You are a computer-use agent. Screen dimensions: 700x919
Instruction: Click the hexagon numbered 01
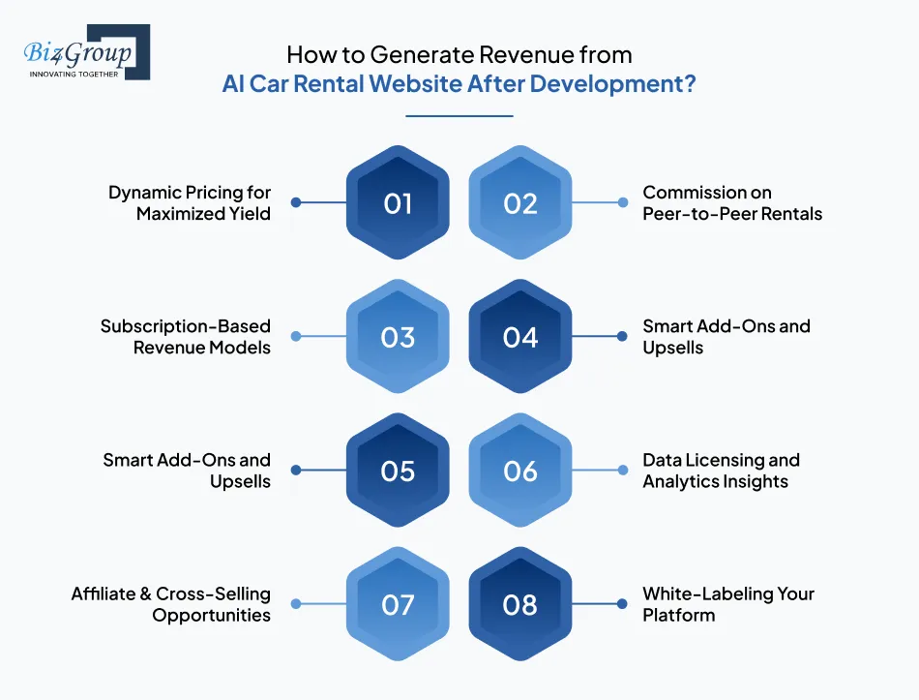[398, 203]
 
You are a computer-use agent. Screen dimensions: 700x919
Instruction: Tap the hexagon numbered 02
[520, 203]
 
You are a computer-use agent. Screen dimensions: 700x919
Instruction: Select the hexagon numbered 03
[398, 337]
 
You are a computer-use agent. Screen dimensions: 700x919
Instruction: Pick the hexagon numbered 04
[520, 337]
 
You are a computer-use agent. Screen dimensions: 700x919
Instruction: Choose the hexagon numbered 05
[398, 471]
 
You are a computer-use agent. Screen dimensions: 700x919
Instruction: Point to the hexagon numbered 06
[520, 471]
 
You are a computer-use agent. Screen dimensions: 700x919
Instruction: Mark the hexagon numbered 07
[398, 605]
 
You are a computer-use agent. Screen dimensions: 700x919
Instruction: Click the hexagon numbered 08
[520, 605]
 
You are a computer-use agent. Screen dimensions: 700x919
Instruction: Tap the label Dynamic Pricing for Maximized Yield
[190, 203]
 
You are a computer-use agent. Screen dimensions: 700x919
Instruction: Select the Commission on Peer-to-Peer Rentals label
[732, 203]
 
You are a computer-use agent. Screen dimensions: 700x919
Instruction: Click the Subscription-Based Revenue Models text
[186, 337]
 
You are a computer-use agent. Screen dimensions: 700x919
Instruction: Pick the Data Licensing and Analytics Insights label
[721, 471]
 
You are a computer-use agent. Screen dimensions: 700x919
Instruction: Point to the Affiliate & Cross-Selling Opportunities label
[171, 604]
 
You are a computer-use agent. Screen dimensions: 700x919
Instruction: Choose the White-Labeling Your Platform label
[728, 604]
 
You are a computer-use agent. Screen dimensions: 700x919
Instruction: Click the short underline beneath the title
[459, 116]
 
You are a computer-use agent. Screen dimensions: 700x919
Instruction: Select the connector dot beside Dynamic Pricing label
[295, 203]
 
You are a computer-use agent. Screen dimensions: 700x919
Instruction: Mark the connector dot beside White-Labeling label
[623, 604]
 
